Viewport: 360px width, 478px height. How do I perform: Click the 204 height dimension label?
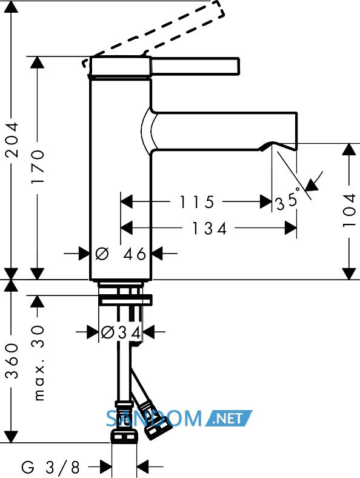[x=13, y=140]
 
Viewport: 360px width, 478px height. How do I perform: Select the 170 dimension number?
[x=38, y=166]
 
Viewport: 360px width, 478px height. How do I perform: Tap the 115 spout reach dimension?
[x=197, y=202]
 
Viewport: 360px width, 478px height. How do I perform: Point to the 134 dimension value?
[x=210, y=228]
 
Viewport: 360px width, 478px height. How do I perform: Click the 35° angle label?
[x=287, y=201]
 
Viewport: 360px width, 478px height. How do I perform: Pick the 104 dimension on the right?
[x=349, y=210]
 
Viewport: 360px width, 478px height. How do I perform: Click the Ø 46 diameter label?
[x=121, y=254]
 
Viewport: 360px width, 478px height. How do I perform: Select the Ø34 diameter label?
[x=121, y=332]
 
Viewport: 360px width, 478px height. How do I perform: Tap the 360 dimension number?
[x=13, y=361]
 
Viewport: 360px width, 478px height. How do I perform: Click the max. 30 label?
[x=38, y=363]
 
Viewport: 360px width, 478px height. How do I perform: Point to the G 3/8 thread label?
[x=50, y=466]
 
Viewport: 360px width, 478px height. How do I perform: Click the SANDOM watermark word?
[x=154, y=419]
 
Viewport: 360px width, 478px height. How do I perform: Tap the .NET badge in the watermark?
[x=228, y=419]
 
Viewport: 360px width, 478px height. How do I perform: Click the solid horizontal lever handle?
[x=195, y=66]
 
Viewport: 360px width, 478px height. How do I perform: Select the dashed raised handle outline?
[x=154, y=33]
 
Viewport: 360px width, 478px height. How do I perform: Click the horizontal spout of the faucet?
[x=224, y=132]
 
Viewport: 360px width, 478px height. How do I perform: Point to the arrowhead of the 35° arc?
[x=312, y=185]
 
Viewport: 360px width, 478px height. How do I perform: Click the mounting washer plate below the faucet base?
[x=125, y=301]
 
